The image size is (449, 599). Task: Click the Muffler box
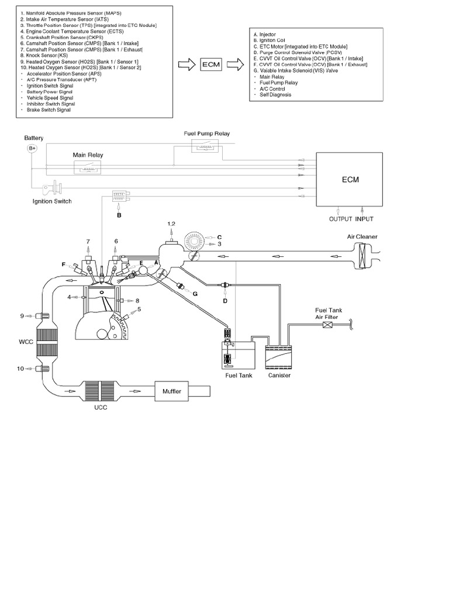pos(172,391)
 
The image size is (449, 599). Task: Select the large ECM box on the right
pos(350,180)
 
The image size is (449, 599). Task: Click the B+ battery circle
pos(33,149)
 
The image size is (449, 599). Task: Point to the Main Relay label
pos(87,155)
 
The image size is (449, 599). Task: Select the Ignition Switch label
pos(52,201)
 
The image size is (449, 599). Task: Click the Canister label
pos(278,375)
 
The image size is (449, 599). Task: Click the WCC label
pos(26,339)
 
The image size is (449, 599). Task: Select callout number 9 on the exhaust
pos(22,316)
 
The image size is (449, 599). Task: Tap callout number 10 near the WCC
pos(21,369)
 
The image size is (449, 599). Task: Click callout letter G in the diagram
pos(195,292)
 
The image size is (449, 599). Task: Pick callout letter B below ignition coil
pos(119,216)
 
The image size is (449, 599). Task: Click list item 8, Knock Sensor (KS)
pos(45,54)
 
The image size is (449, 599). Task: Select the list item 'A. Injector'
pos(267,35)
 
